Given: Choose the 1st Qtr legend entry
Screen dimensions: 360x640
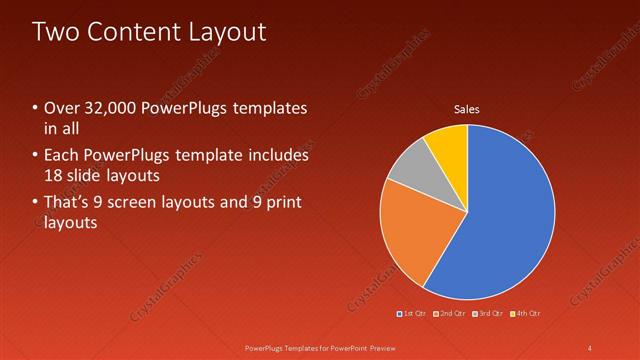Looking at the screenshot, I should pos(412,314).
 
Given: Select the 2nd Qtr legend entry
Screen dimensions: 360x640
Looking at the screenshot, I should pos(449,314).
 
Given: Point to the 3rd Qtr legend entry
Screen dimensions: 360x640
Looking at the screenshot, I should pos(487,314).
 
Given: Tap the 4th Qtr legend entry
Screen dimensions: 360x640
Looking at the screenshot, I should pos(525,314).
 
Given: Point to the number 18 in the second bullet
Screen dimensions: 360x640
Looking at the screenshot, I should pos(55,175).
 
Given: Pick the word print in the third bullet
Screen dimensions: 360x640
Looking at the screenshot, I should pos(280,203).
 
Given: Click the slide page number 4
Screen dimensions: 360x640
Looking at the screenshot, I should pos(590,347).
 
